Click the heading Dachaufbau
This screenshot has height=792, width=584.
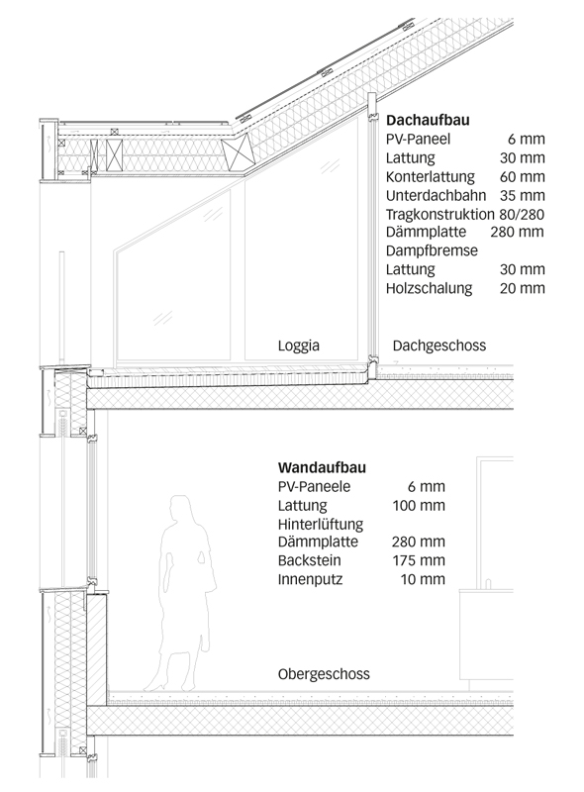click(x=428, y=121)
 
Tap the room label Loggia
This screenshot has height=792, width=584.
click(x=302, y=346)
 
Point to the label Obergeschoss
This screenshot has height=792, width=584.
click(x=323, y=674)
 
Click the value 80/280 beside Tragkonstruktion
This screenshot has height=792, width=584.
click(x=522, y=214)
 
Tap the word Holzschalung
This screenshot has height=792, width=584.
click(x=429, y=288)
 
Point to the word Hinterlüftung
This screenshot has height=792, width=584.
click(x=322, y=524)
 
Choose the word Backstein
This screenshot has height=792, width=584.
click(x=309, y=560)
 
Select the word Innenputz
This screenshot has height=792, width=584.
click(x=311, y=579)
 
